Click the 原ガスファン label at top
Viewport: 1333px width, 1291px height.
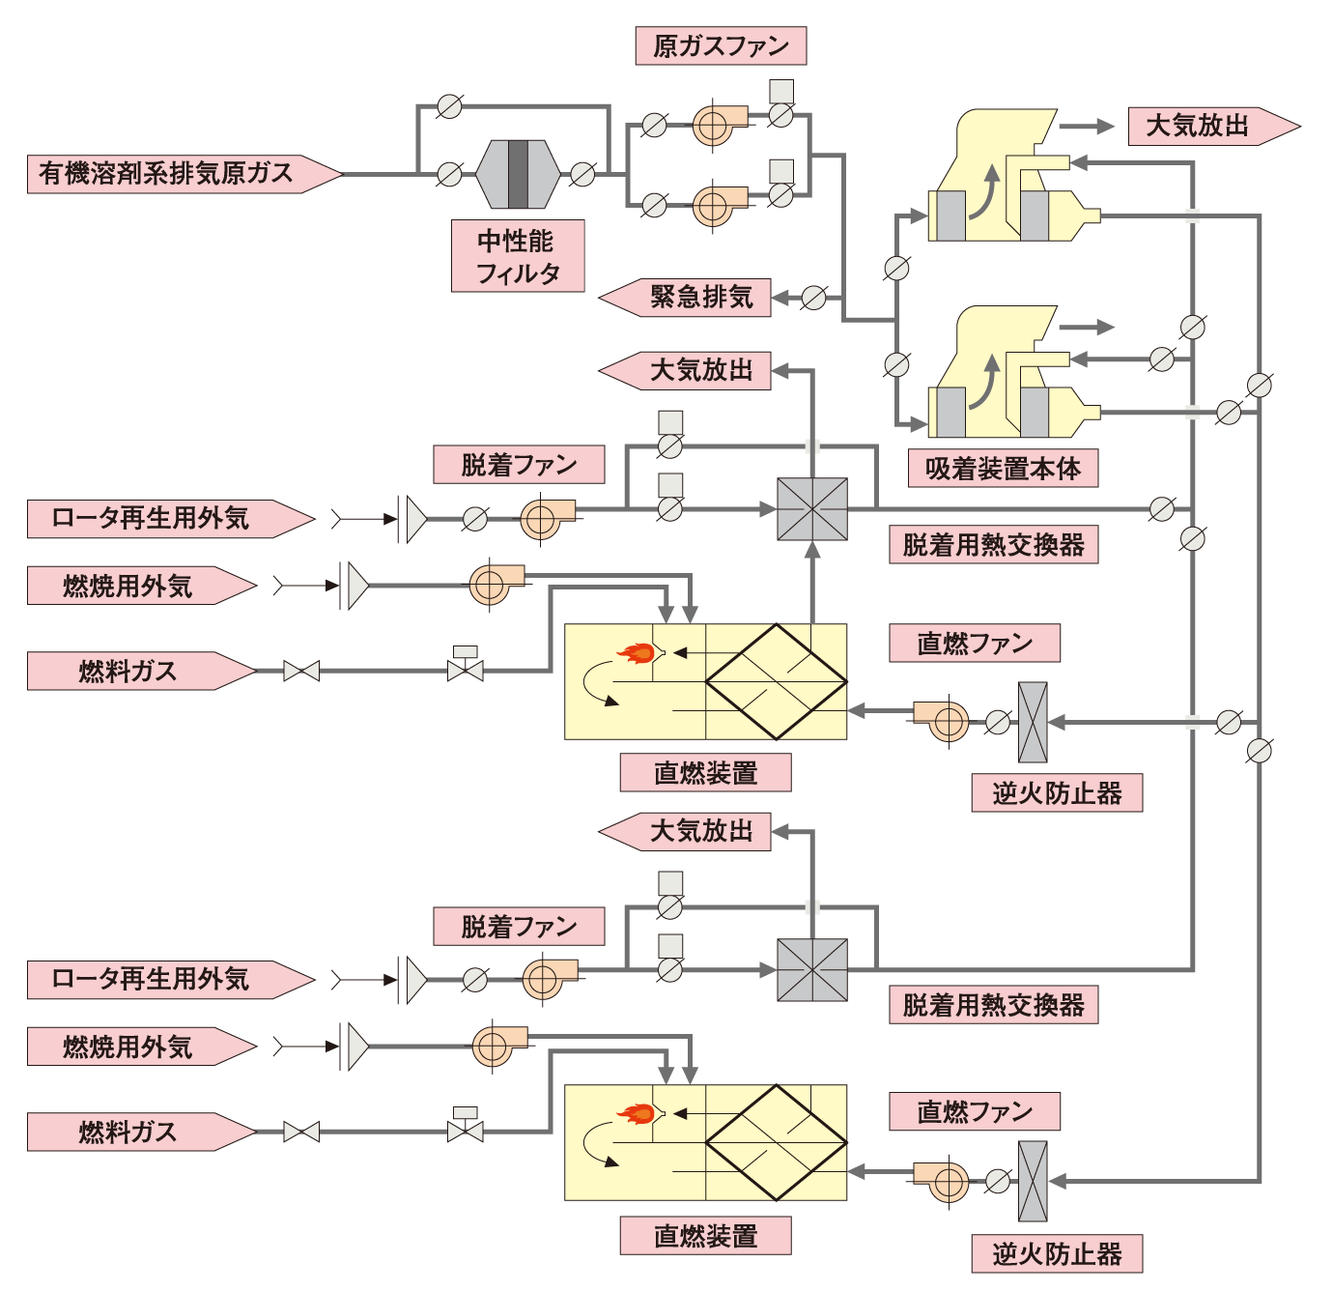(x=721, y=46)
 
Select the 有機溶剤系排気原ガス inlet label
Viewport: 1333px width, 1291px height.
(x=174, y=174)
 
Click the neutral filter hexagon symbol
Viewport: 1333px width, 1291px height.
(x=518, y=174)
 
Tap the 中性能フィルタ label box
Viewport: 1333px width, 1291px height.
(x=518, y=256)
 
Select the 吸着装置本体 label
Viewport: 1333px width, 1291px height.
(x=1003, y=469)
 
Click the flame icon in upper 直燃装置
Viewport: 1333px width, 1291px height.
(x=638, y=653)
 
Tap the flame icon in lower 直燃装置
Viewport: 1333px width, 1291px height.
(x=638, y=1114)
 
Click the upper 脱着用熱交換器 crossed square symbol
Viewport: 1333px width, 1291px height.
(x=812, y=509)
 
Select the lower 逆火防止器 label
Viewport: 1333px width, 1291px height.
(x=1057, y=1254)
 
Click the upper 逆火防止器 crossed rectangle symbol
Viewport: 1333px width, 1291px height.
(x=1033, y=722)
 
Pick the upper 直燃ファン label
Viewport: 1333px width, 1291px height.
(x=974, y=644)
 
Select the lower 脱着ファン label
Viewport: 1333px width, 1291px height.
(x=519, y=927)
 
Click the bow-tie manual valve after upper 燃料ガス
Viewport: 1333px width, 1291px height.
(x=301, y=671)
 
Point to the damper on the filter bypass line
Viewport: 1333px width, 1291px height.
(x=449, y=106)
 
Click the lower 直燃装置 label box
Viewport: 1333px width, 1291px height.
(x=705, y=1236)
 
